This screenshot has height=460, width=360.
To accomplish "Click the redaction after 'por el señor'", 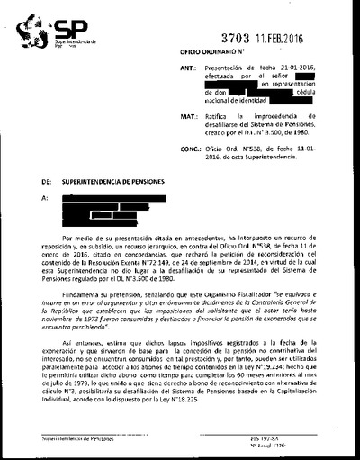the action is click(x=320, y=77).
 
